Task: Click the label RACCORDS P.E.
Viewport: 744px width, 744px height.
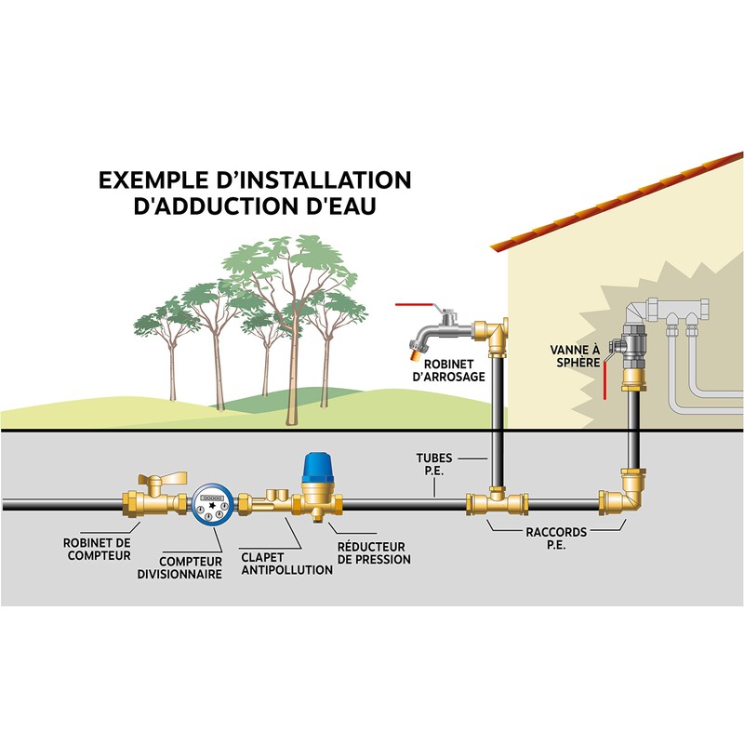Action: point(558,539)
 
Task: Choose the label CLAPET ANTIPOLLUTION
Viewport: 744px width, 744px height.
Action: point(286,563)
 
